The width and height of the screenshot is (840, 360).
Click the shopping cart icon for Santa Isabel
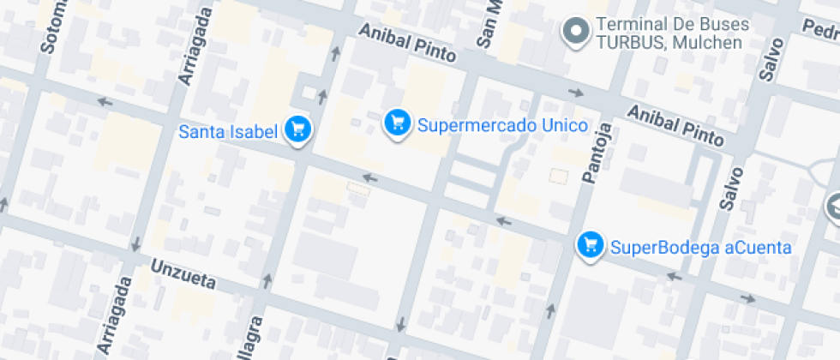(x=297, y=130)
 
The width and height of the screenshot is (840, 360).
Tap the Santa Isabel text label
(x=228, y=132)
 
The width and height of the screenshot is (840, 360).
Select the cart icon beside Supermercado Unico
(x=396, y=122)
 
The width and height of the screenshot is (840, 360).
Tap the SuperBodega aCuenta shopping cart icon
(x=589, y=245)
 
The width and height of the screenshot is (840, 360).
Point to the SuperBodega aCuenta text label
(x=700, y=248)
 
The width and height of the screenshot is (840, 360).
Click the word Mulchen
(x=706, y=43)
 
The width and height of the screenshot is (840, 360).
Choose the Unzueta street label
(x=185, y=275)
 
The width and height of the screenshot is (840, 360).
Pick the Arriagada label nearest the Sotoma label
(x=192, y=47)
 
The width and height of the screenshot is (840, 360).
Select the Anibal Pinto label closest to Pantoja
(x=676, y=123)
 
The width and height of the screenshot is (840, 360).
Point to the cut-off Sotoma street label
(x=50, y=26)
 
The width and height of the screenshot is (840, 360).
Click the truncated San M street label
(x=489, y=24)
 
